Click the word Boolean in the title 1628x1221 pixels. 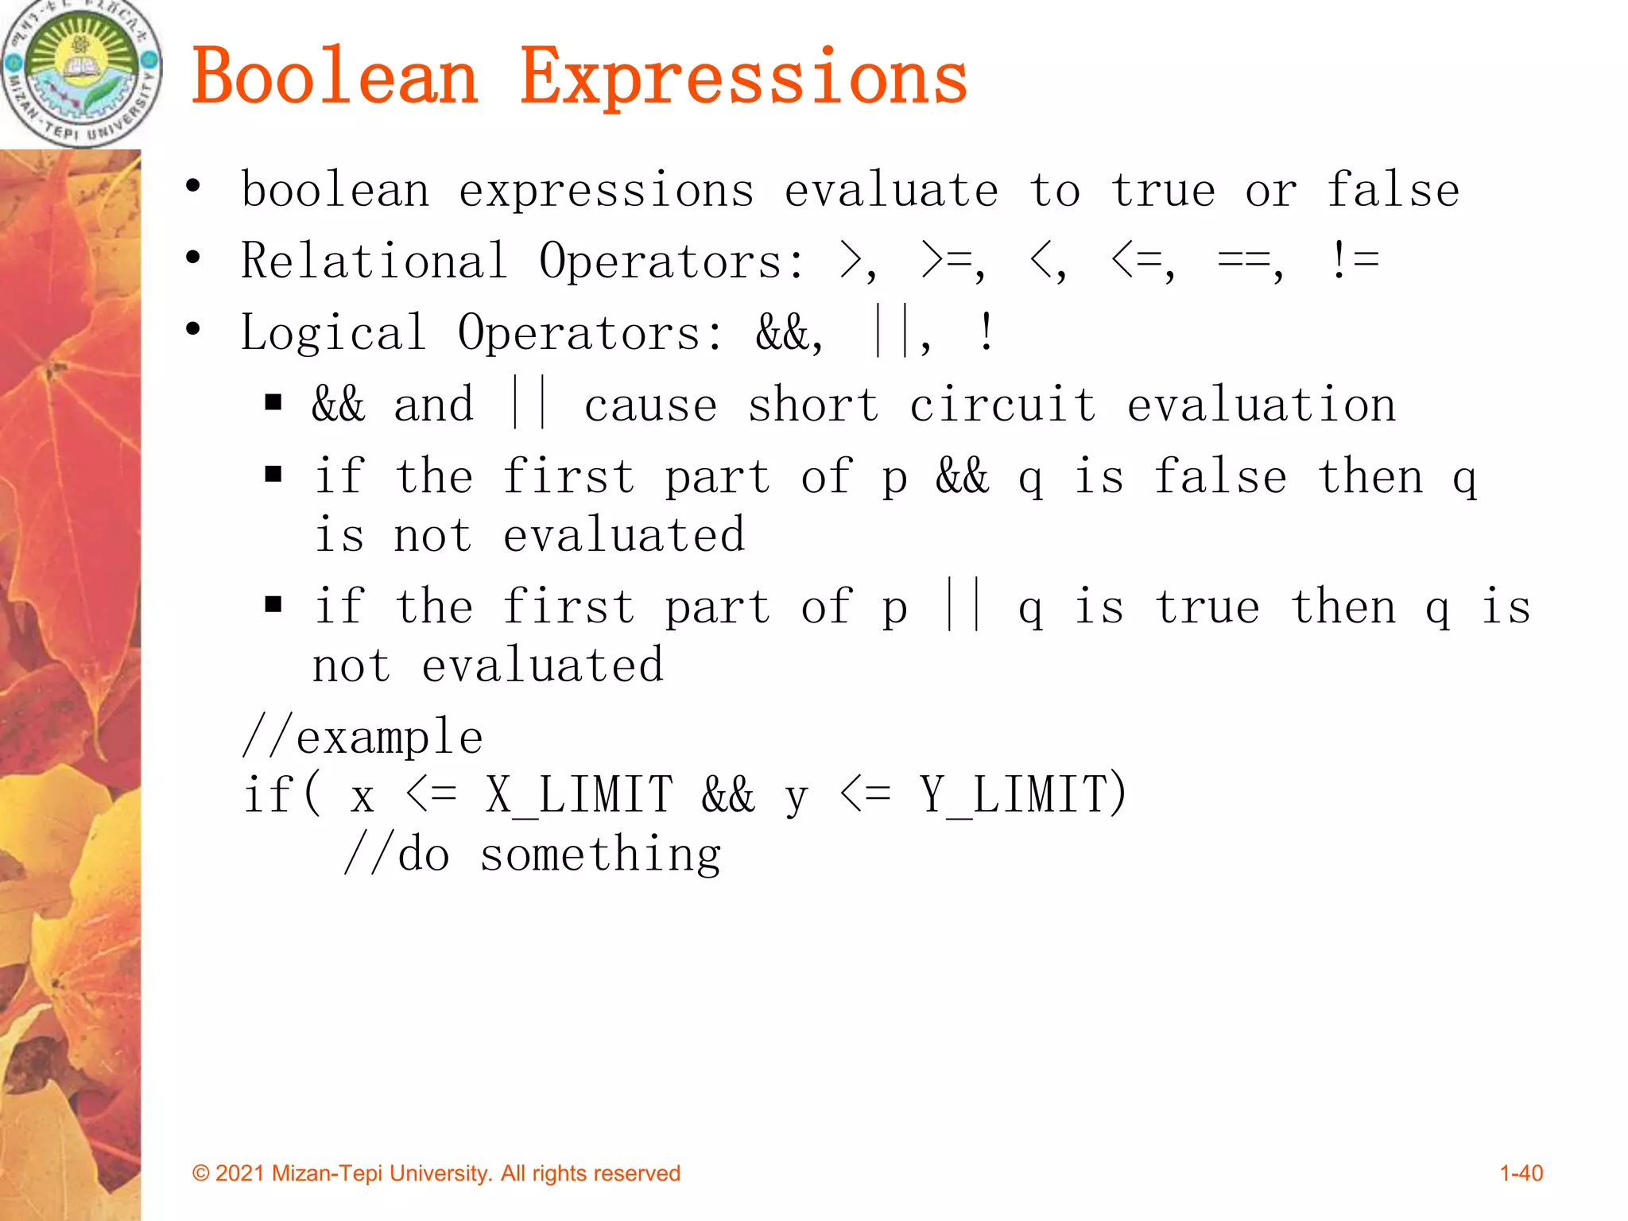(335, 77)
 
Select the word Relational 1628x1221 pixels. (374, 261)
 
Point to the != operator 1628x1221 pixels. (1354, 261)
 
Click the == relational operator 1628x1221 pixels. (1242, 261)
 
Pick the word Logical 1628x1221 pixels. (334, 332)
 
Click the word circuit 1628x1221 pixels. (1002, 405)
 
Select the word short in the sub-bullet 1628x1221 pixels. (813, 405)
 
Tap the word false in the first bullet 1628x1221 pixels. (1393, 191)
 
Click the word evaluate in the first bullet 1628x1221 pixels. (891, 191)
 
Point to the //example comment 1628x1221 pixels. (363, 737)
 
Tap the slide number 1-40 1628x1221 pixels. (1521, 1173)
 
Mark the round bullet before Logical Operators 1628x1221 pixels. (193, 328)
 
